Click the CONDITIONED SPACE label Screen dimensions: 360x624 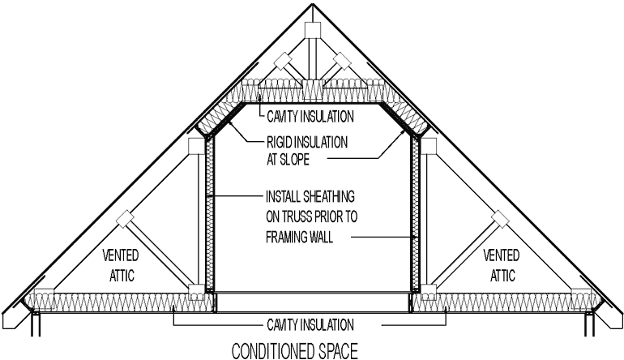(x=294, y=352)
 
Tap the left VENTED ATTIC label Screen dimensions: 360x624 (x=119, y=264)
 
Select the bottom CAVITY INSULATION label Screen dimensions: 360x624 (x=310, y=324)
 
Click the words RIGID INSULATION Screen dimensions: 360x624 (x=306, y=141)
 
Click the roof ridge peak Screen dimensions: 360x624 (x=312, y=6)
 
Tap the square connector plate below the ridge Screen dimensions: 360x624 (x=312, y=31)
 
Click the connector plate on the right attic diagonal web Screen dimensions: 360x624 (x=500, y=218)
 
